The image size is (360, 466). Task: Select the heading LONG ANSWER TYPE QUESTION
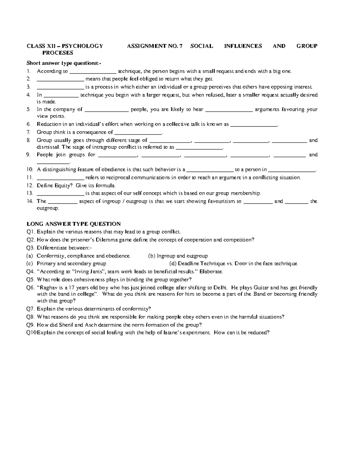[74, 224]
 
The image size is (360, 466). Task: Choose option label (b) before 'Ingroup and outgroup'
[152, 256]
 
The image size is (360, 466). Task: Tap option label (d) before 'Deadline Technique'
[173, 263]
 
